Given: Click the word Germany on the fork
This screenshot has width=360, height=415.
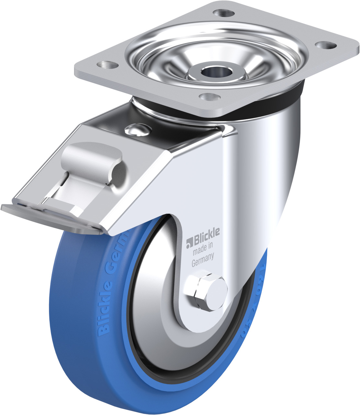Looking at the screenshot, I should [x=203, y=261].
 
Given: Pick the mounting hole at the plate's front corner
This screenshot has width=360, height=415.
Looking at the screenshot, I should [x=209, y=97].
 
